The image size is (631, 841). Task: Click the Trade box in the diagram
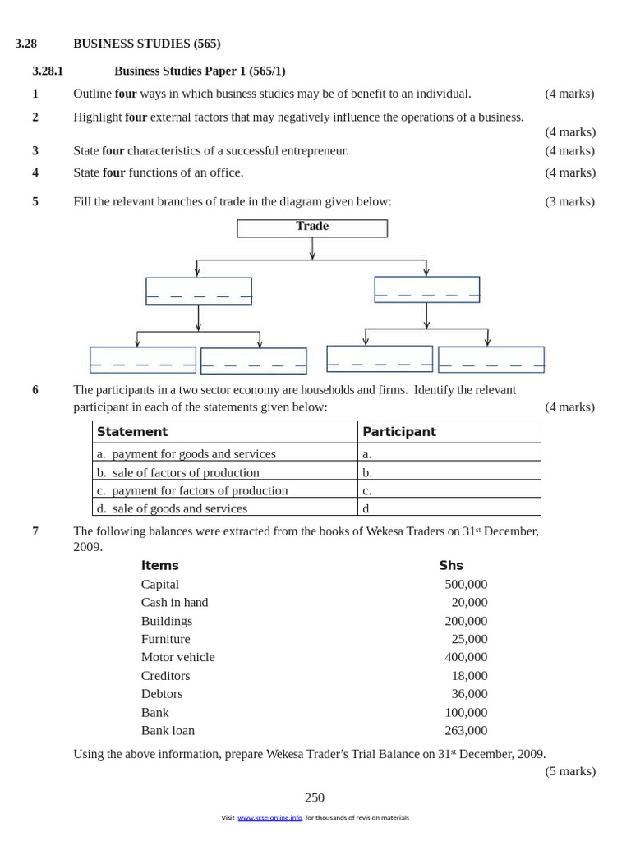312,227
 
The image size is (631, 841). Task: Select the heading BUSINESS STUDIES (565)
146,44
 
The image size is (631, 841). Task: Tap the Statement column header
132,432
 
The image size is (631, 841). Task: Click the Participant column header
399,432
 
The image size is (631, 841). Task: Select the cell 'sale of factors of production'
186,472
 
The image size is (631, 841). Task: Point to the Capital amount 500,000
466,584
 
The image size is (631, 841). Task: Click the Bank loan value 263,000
466,730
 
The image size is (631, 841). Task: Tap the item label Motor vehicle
177,657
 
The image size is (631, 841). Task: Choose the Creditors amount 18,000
469,676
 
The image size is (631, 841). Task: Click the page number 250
315,797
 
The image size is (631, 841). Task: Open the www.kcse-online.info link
269,818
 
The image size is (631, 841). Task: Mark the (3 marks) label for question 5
569,201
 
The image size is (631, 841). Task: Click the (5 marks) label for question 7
570,771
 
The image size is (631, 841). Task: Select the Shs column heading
451,565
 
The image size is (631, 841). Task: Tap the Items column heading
159,565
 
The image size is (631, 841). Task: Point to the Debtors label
162,694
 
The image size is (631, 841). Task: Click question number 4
35,172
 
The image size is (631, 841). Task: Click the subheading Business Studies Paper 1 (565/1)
200,71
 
